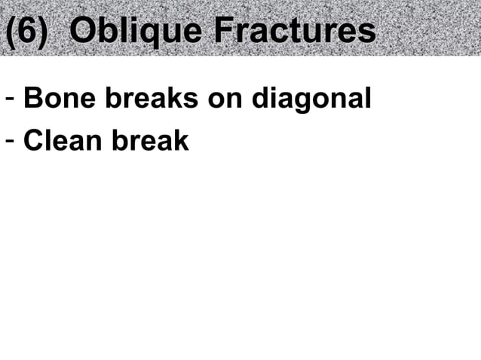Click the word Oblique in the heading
coord(136,32)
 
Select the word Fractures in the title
coord(295,32)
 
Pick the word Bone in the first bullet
coord(52,99)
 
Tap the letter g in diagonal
coord(305,102)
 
